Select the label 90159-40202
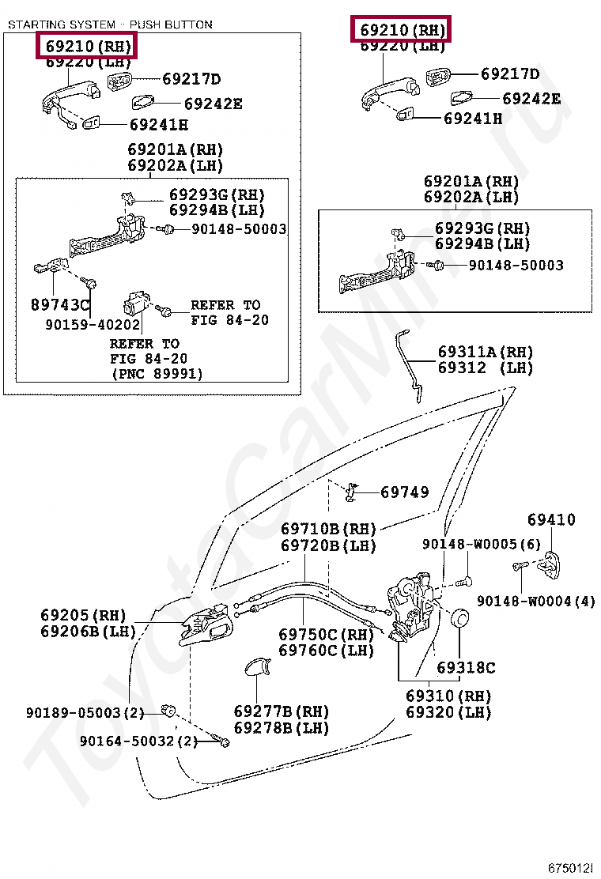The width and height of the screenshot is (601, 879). pyautogui.click(x=93, y=324)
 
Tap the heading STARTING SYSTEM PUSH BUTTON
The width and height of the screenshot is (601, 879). pyautogui.click(x=110, y=25)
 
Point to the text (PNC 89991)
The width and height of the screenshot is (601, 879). pyautogui.click(x=157, y=374)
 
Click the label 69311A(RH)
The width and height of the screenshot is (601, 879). pyautogui.click(x=486, y=352)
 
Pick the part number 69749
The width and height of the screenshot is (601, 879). pyautogui.click(x=405, y=492)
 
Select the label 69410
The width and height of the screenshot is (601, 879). pyautogui.click(x=551, y=519)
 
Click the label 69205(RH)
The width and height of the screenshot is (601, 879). pyautogui.click(x=84, y=615)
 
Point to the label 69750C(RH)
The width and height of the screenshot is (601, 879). pyautogui.click(x=326, y=634)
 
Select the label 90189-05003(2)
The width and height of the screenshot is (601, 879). pyautogui.click(x=85, y=712)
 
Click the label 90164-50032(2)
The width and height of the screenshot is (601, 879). pyautogui.click(x=138, y=741)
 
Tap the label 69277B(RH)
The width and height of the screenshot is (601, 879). pyautogui.click(x=282, y=711)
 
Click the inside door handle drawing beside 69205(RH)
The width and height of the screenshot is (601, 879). pyautogui.click(x=207, y=627)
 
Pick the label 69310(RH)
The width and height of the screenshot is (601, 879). pyautogui.click(x=448, y=696)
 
